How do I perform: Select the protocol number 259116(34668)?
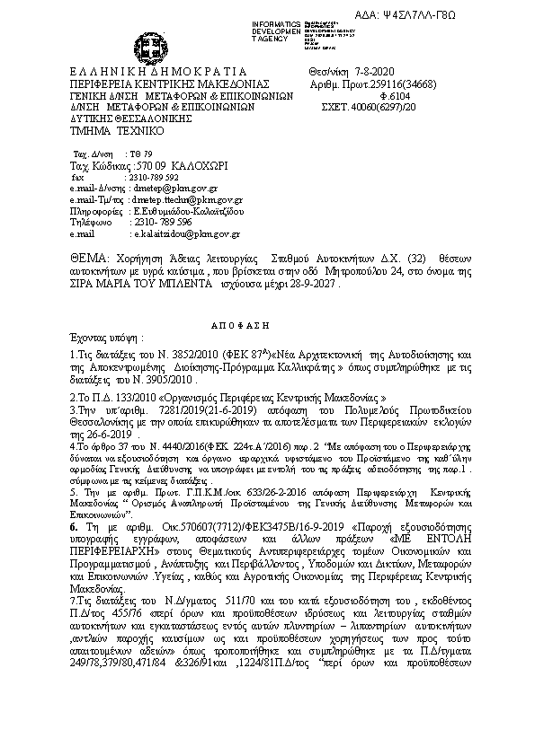click(410, 81)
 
